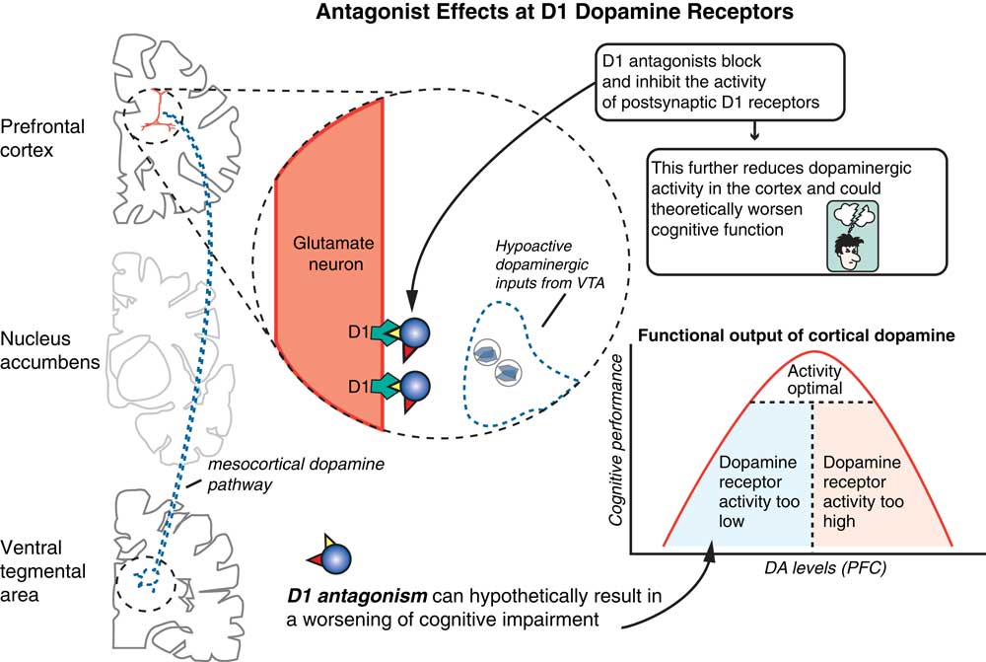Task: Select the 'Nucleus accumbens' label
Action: click(x=49, y=350)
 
